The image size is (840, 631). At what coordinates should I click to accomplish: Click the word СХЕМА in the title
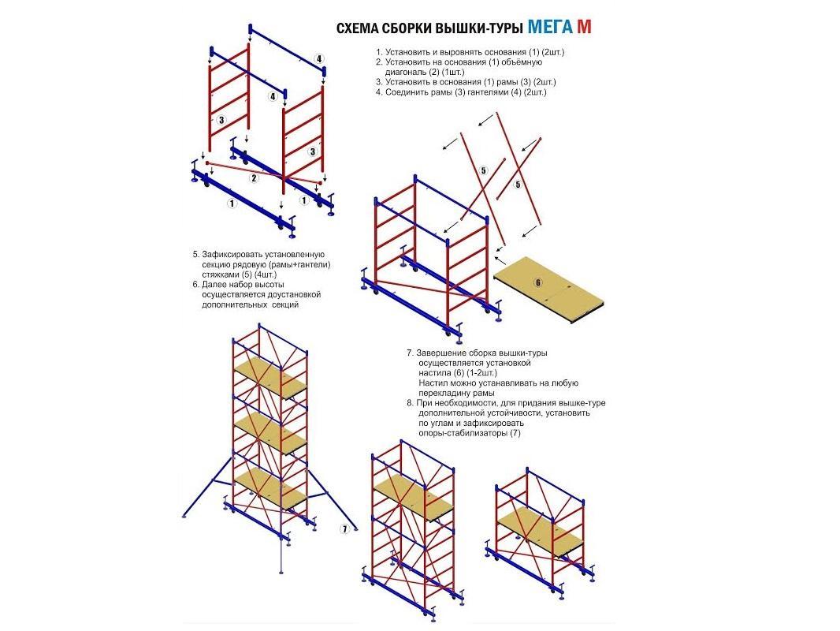(x=355, y=28)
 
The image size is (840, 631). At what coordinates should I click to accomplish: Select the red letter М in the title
(x=584, y=27)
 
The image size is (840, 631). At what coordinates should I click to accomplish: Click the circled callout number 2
(x=254, y=177)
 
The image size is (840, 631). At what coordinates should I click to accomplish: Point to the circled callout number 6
(x=538, y=282)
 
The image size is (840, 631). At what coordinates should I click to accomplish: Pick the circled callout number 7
(x=344, y=529)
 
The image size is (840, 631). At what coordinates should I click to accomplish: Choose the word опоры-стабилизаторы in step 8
(x=463, y=433)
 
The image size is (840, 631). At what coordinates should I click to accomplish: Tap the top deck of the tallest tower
(x=269, y=378)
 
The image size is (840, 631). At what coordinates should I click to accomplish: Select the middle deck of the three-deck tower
(x=270, y=435)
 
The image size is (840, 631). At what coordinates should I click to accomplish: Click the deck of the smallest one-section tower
(x=540, y=532)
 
